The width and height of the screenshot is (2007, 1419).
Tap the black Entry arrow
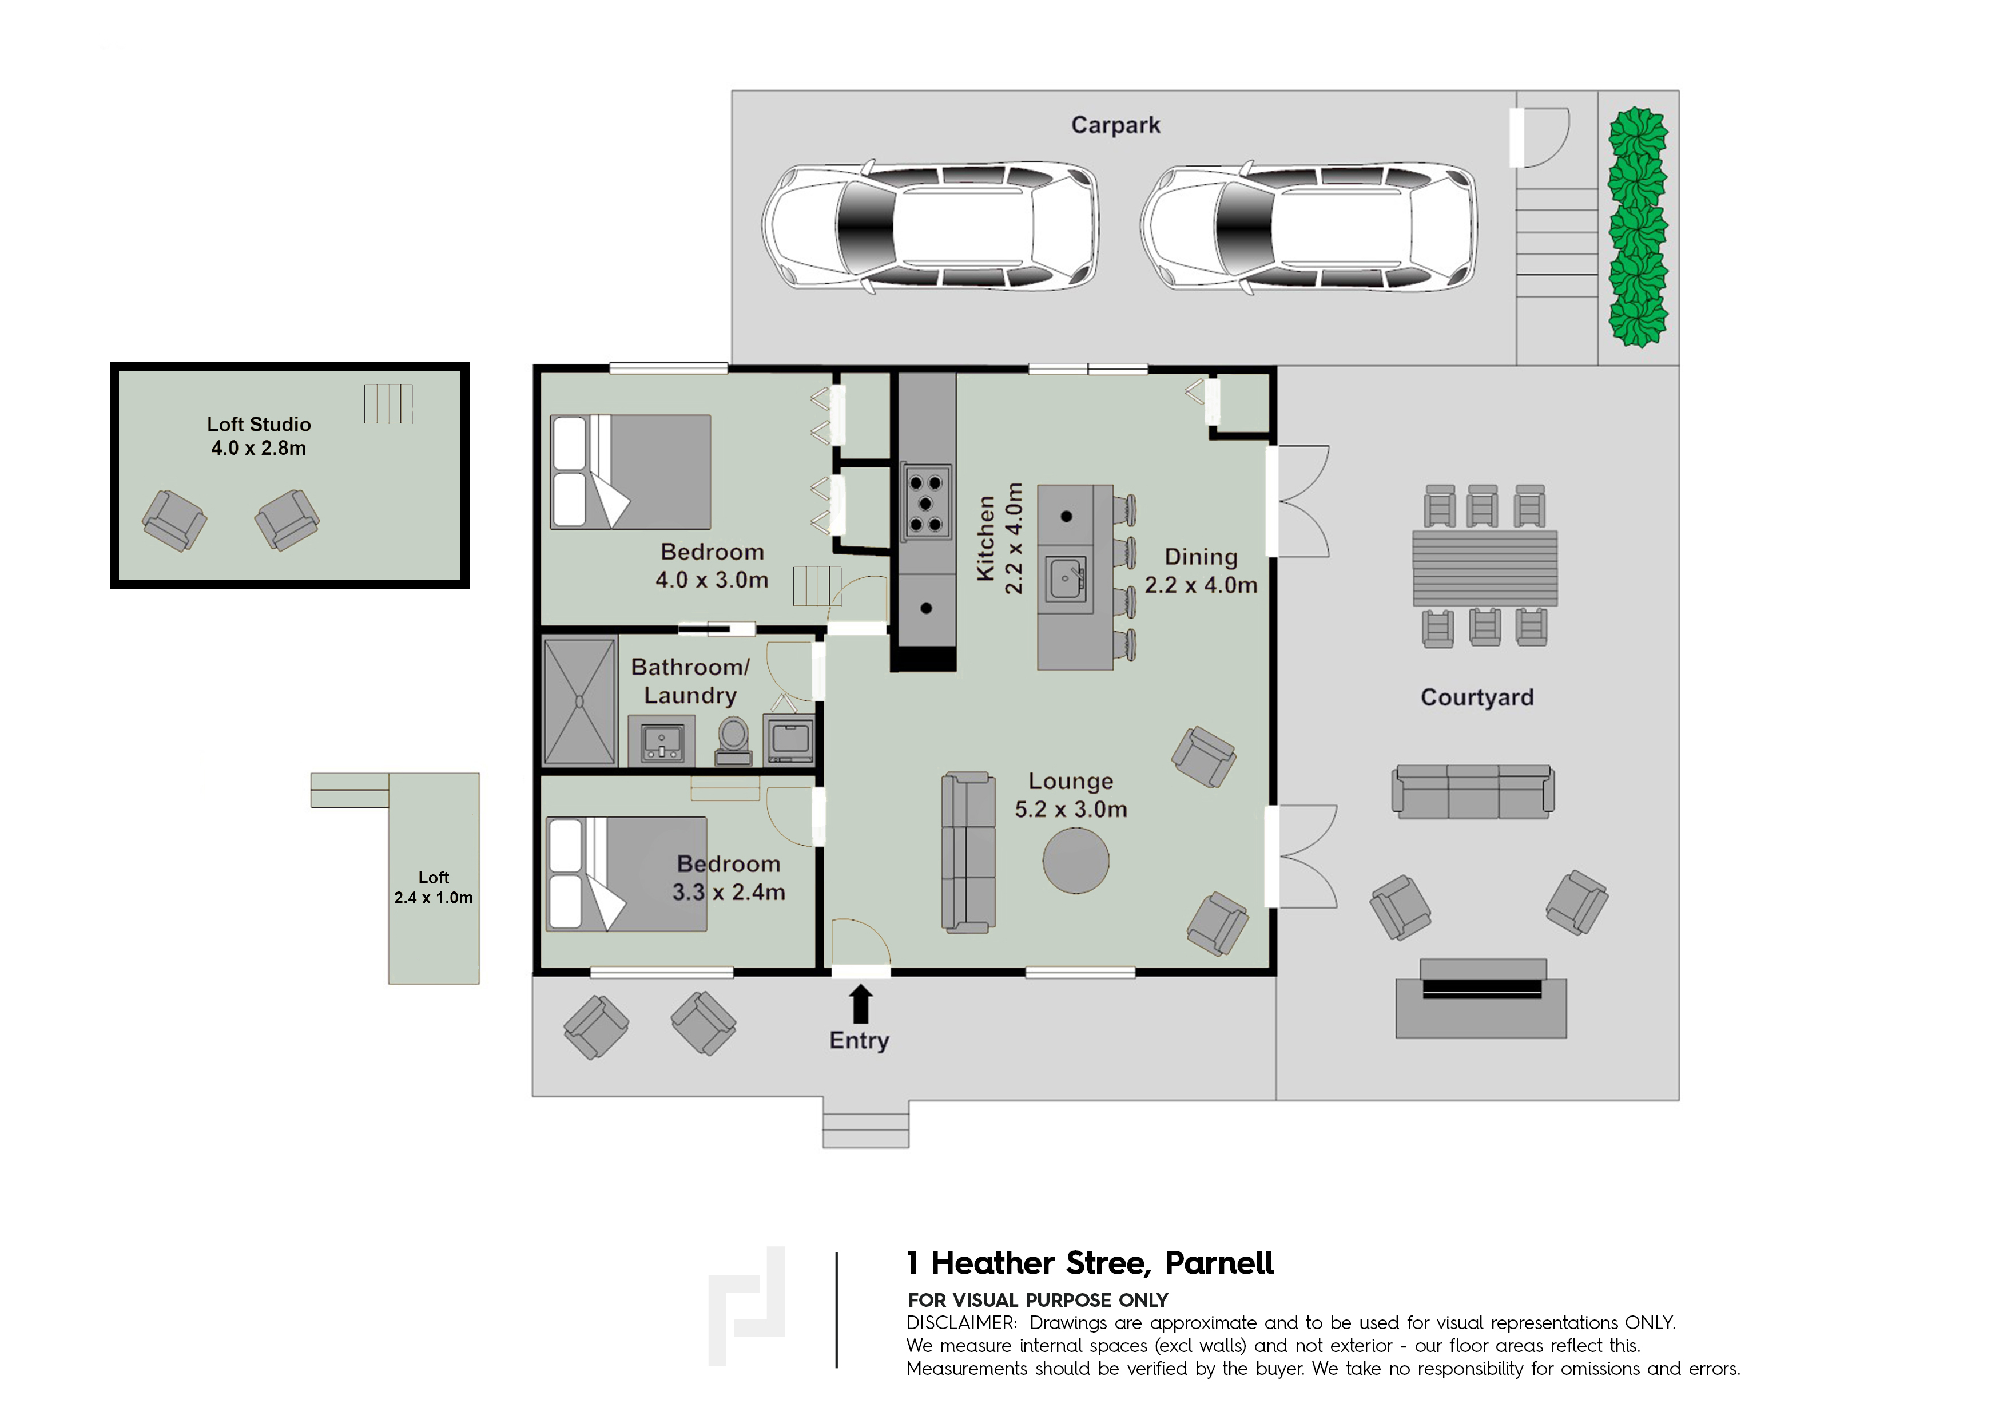[861, 1004]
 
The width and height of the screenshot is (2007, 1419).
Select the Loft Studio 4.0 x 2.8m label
[259, 436]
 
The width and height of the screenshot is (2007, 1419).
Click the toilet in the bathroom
[733, 742]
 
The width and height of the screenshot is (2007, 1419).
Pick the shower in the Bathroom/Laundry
[579, 702]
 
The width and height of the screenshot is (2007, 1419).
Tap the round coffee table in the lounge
[1076, 861]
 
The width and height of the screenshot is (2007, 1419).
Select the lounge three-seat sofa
[968, 851]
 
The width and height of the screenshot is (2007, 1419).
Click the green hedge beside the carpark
[1638, 227]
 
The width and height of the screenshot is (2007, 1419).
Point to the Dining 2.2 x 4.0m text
[1201, 571]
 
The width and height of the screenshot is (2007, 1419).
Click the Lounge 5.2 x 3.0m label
[1071, 795]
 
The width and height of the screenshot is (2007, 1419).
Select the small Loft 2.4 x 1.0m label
[434, 887]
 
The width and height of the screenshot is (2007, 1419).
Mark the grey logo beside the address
[746, 1306]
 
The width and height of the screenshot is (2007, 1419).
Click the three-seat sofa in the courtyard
[1473, 791]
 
